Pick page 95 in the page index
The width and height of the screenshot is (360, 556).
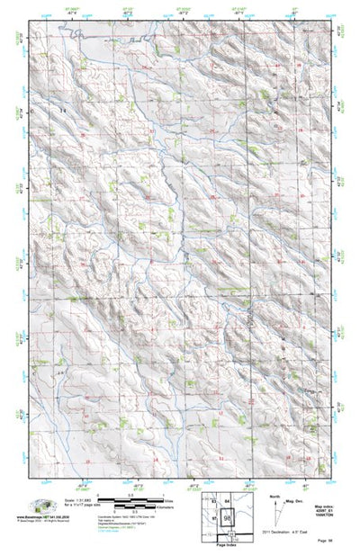click(x=213, y=518)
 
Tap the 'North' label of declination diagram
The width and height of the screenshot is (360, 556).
click(x=274, y=495)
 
